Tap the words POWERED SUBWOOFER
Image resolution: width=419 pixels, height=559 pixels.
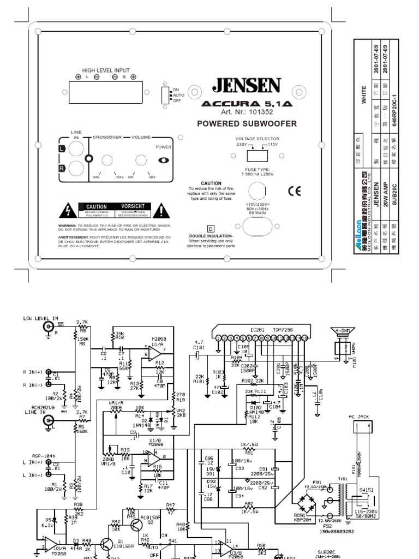247,124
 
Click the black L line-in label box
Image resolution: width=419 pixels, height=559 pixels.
62,148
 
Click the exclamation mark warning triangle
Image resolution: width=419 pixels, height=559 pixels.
162,210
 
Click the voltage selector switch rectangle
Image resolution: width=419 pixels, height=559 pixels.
256,156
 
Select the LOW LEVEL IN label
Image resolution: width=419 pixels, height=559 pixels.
40,318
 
